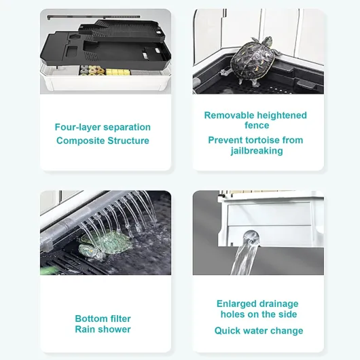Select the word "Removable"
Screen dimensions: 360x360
[229, 115]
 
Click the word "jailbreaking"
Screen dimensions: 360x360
[257, 151]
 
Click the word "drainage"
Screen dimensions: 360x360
[278, 304]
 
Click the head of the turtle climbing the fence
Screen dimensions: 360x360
[267, 41]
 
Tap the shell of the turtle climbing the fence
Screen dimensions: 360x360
[252, 58]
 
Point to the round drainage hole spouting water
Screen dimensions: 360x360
[251, 238]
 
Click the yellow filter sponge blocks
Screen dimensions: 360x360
[118, 72]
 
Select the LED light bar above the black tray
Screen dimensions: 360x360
[94, 17]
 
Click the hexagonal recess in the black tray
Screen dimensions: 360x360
[75, 37]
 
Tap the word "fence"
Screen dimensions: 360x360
[257, 126]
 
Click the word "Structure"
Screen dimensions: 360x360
[128, 141]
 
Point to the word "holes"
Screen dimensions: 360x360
[232, 314]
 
